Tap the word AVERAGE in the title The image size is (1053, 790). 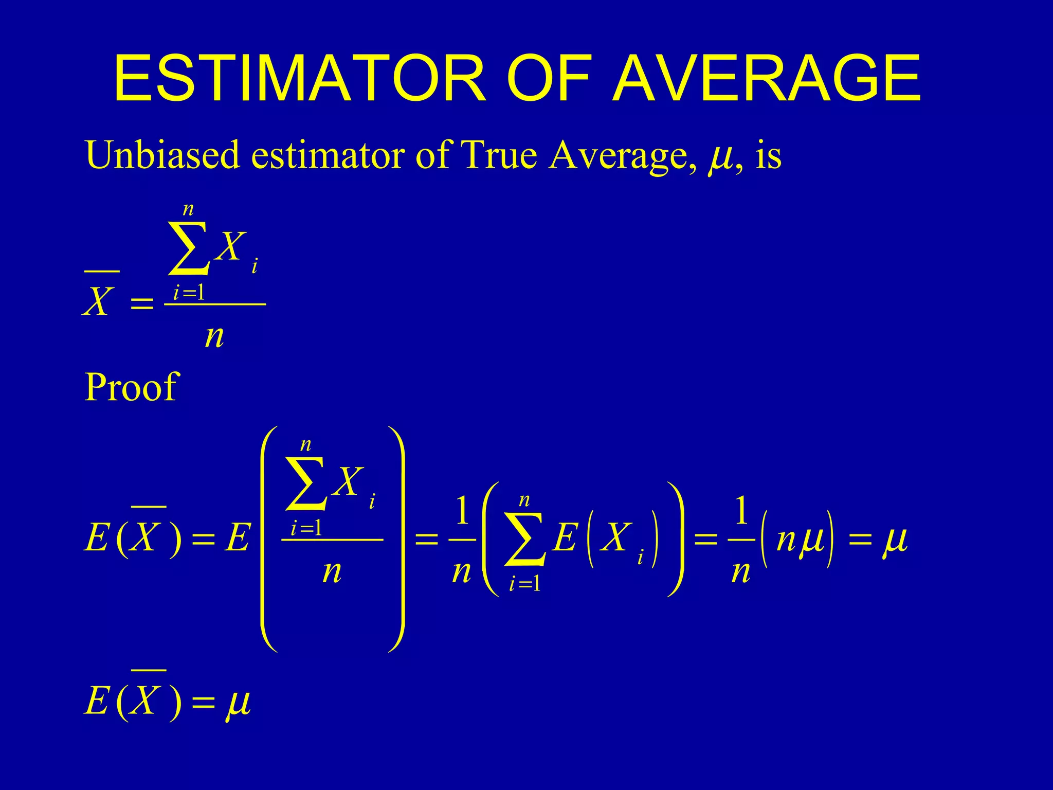[767, 78]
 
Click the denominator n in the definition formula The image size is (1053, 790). [214, 337]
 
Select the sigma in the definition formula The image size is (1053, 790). [189, 248]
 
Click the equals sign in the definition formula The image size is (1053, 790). [142, 303]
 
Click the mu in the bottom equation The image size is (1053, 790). [238, 703]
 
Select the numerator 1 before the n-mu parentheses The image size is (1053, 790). [741, 512]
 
